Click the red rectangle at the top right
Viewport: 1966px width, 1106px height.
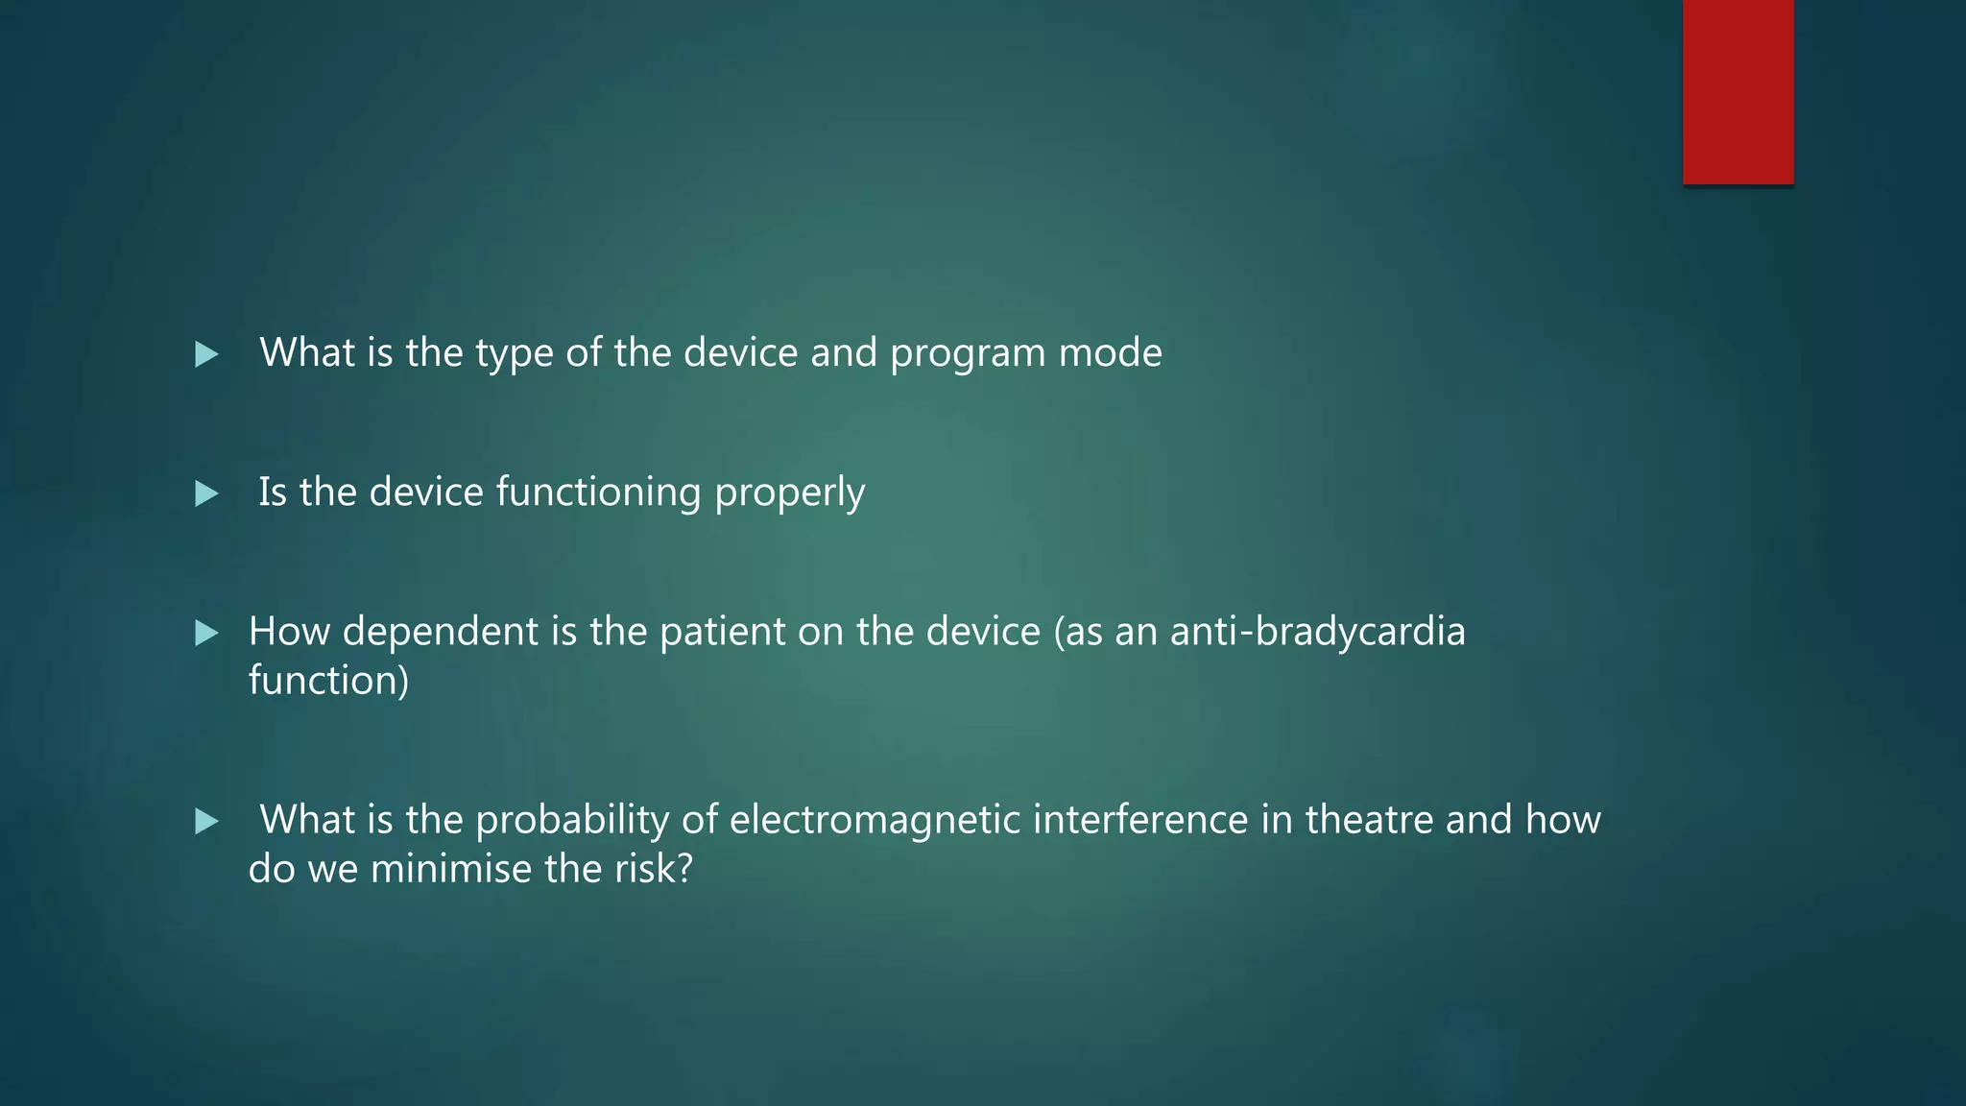pyautogui.click(x=1738, y=92)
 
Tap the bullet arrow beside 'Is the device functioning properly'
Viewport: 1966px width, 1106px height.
pyautogui.click(x=206, y=494)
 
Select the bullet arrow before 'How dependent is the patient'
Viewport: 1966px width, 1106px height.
pyautogui.click(x=206, y=634)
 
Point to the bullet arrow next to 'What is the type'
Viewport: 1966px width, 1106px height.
pyautogui.click(x=206, y=355)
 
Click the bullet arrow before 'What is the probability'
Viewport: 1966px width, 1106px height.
pyautogui.click(x=206, y=822)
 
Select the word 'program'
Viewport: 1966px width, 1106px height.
pyautogui.click(x=968, y=354)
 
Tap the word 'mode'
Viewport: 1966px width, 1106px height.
pyautogui.click(x=1111, y=353)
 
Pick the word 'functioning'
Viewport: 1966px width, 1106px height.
pyautogui.click(x=599, y=493)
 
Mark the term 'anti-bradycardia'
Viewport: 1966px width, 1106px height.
pyautogui.click(x=1317, y=633)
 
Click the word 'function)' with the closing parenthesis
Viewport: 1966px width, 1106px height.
pyautogui.click(x=328, y=681)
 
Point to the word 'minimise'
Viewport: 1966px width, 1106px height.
pyautogui.click(x=451, y=869)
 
